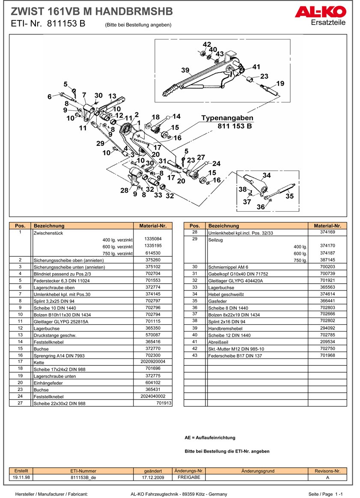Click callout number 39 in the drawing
[x=185, y=70]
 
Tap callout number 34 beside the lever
[x=267, y=175]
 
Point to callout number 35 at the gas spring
[x=290, y=196]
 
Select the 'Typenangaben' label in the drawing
[x=227, y=118]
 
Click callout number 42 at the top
[x=207, y=45]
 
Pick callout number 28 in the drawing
[x=124, y=190]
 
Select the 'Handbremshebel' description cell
[x=224, y=329]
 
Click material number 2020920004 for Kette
[x=153, y=362]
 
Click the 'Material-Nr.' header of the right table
[x=327, y=225]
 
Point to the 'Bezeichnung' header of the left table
[x=49, y=225]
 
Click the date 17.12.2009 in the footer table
[x=153, y=477]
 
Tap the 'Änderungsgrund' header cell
[x=258, y=471]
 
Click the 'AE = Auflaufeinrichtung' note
[x=210, y=438]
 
